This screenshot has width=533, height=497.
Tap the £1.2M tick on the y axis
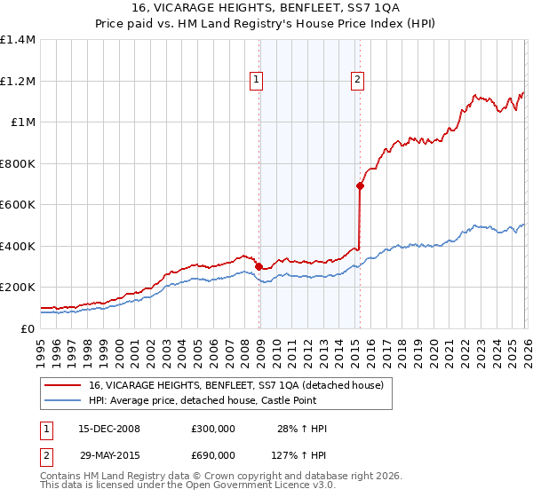(x=18, y=81)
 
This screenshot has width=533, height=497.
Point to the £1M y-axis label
(x=22, y=122)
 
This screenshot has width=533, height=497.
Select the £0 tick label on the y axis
(x=27, y=328)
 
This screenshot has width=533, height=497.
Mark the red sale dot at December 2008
(x=259, y=266)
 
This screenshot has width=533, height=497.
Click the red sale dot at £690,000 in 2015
(x=360, y=185)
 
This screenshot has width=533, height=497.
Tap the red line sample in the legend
(x=62, y=385)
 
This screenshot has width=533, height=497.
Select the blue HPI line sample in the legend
(x=62, y=400)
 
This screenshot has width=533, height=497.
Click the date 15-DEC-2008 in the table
(x=109, y=429)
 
